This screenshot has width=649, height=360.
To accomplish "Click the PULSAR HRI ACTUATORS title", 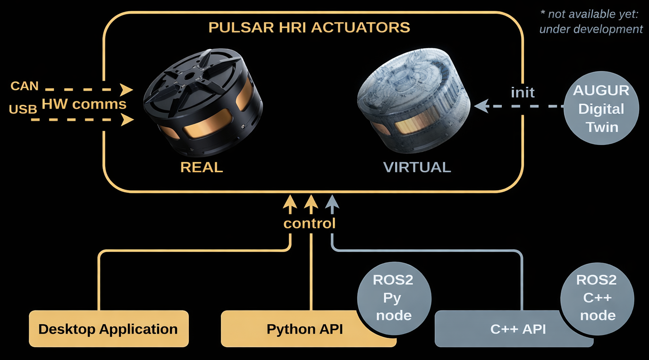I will point(309,27).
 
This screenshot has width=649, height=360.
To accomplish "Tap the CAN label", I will point(24,86).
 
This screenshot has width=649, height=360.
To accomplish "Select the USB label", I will point(23,109).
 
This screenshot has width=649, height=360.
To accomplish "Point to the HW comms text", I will point(84,104).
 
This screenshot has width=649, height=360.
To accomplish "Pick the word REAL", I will point(202,167).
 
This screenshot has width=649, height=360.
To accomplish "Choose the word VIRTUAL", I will point(417,167).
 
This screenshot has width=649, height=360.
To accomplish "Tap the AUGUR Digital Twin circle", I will point(601,109).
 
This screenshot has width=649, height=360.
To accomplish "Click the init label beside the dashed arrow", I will point(523,92).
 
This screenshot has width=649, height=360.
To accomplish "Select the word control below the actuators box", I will point(309,223).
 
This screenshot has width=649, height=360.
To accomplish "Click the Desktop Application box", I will point(108,329).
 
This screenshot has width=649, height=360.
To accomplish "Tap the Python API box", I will point(304,329).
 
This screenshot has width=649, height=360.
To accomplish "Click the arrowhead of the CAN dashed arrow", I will point(126,89).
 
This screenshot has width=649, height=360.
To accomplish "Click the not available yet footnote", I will point(590,22).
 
